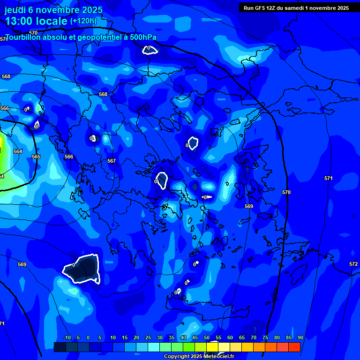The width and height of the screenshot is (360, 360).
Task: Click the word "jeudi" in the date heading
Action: coord(15,10)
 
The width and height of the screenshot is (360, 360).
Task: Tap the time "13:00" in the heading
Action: coord(19,21)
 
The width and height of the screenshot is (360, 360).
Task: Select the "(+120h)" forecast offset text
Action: coord(83,21)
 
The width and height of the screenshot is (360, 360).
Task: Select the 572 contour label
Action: coord(353,264)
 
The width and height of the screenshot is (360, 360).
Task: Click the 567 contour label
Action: coord(112,161)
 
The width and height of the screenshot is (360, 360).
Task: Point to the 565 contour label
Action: coord(36,157)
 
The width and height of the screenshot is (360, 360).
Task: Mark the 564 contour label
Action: coord(18,151)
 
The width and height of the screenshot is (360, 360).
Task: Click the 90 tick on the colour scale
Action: coord(300,337)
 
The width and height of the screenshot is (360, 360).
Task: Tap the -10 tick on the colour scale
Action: coord(67,337)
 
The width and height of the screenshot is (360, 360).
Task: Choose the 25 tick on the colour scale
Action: coord(148,337)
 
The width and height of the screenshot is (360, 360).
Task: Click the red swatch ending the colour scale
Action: coord(294,347)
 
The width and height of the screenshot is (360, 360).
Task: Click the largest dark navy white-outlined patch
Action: coord(83,270)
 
